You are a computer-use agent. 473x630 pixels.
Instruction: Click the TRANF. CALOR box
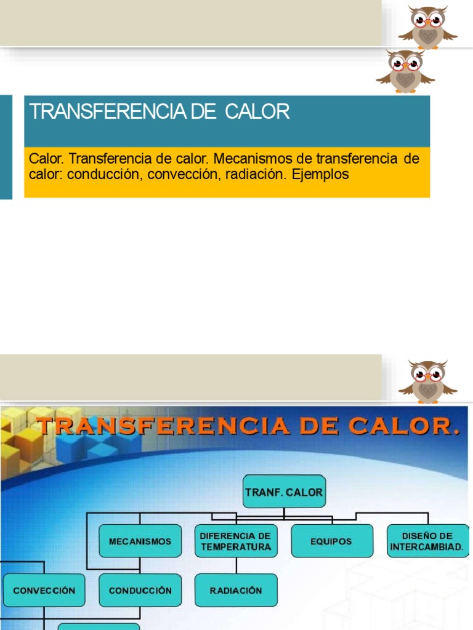click(284, 492)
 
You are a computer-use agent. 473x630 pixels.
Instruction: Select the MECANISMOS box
click(140, 541)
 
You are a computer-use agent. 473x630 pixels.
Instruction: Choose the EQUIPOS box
click(331, 541)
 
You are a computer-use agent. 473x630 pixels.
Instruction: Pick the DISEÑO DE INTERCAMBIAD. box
click(428, 541)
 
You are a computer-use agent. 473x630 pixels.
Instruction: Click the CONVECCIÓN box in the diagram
click(44, 590)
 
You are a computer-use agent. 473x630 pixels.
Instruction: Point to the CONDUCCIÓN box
click(140, 590)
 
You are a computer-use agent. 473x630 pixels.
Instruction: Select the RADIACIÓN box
click(236, 590)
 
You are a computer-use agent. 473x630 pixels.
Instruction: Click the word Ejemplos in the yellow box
click(320, 175)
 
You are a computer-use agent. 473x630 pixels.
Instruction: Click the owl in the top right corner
click(427, 27)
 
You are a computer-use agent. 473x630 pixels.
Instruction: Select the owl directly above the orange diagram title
click(427, 381)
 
